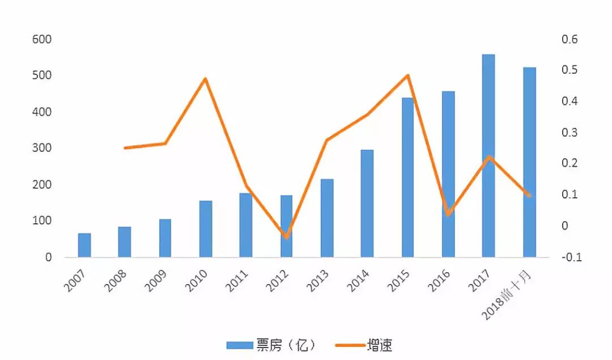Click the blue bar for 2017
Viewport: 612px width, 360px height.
coord(488,156)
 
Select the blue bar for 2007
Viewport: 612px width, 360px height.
coord(84,245)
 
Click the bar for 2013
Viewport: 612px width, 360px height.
coord(327,218)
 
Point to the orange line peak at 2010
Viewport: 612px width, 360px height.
coord(205,78)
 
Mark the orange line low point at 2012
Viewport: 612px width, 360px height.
coord(287,237)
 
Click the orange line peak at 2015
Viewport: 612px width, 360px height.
coord(408,75)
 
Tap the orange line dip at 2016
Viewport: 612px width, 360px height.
coord(448,215)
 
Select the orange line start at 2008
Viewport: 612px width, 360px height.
coord(125,148)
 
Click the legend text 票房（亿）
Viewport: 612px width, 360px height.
coord(281,345)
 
